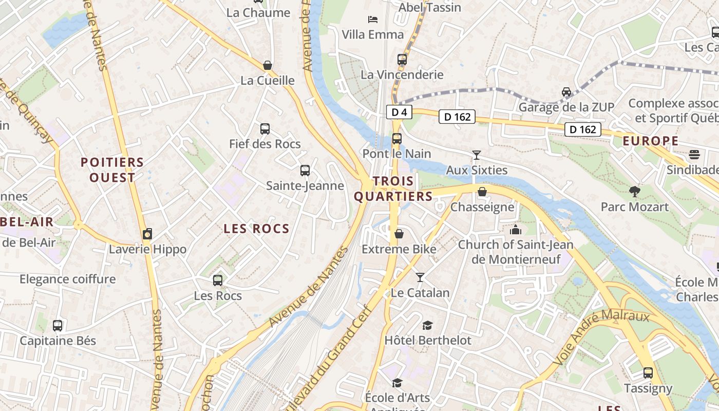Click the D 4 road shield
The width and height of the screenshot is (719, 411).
coord(399,112)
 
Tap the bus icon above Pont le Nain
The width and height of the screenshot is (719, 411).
coord(396,138)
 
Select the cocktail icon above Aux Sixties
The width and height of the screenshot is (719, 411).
coord(477,155)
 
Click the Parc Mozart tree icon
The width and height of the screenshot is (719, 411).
coord(635,192)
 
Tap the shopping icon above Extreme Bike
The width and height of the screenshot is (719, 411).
coord(399,234)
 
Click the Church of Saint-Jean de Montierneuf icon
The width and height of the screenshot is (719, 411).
coord(515,230)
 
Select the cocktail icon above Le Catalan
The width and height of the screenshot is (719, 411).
coord(420,277)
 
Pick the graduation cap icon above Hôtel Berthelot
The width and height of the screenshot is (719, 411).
coord(427,325)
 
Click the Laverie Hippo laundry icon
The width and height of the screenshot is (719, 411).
coord(147,234)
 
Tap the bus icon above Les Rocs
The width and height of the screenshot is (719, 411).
coord(218,280)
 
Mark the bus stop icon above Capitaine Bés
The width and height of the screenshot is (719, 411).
coord(58,325)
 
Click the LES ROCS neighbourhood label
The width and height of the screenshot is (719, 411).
coord(257,229)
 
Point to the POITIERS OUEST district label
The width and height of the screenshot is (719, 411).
coord(112,170)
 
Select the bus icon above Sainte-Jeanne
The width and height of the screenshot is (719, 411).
coord(305,170)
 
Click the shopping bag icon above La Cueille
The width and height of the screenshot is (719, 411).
coord(268,65)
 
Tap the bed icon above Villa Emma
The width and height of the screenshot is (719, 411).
coord(373,20)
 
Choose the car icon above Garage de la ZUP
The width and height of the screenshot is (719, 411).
coord(566,92)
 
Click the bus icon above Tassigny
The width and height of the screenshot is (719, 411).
coord(648,373)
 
